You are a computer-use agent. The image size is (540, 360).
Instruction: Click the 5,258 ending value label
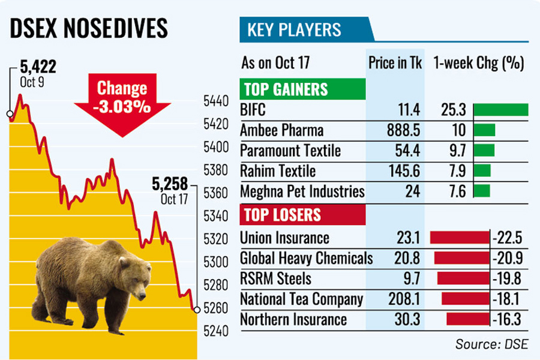(x=170, y=183)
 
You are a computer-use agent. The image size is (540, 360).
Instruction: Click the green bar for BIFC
(x=500, y=110)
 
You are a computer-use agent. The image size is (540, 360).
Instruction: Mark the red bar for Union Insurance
(x=460, y=238)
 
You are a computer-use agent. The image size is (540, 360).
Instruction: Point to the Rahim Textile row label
(x=277, y=171)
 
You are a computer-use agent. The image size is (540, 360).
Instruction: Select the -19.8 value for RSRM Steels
(x=508, y=278)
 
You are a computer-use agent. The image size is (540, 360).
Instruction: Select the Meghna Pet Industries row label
(x=302, y=191)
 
